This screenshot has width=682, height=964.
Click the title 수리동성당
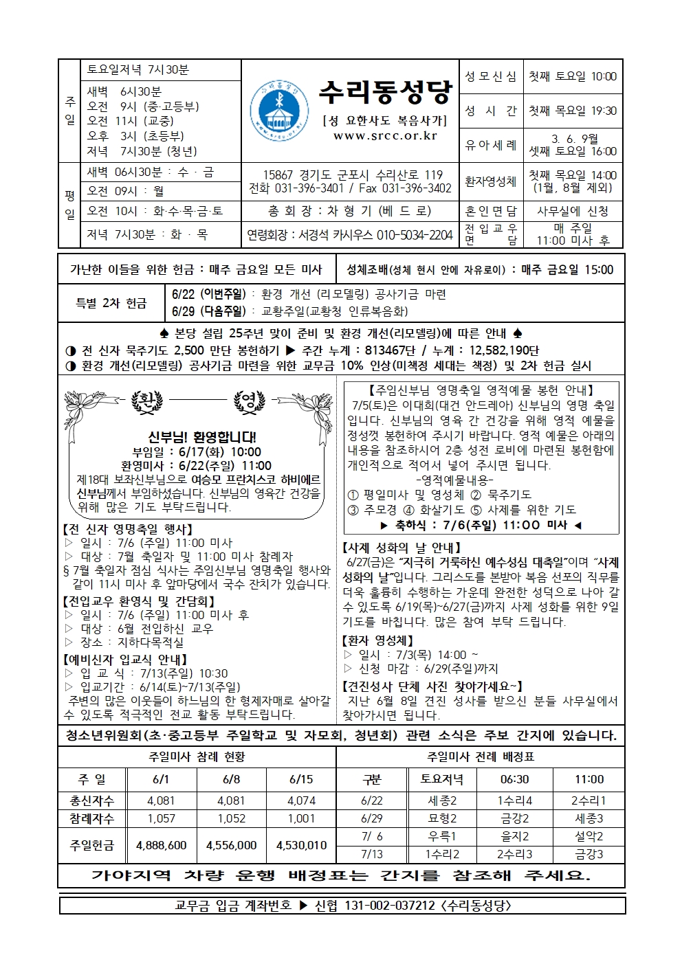click(385, 91)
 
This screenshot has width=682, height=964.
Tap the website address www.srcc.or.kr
click(385, 136)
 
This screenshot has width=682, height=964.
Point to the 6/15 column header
click(301, 779)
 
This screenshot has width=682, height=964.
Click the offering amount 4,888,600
click(162, 845)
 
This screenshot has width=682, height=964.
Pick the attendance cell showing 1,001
click(301, 818)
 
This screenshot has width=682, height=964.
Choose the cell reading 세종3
click(588, 818)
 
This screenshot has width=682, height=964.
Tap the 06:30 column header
click(514, 779)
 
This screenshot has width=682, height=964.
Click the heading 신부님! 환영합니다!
click(202, 437)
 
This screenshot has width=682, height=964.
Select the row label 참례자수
click(92, 818)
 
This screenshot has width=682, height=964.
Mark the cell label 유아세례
click(490, 145)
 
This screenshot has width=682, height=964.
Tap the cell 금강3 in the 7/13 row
click(588, 854)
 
